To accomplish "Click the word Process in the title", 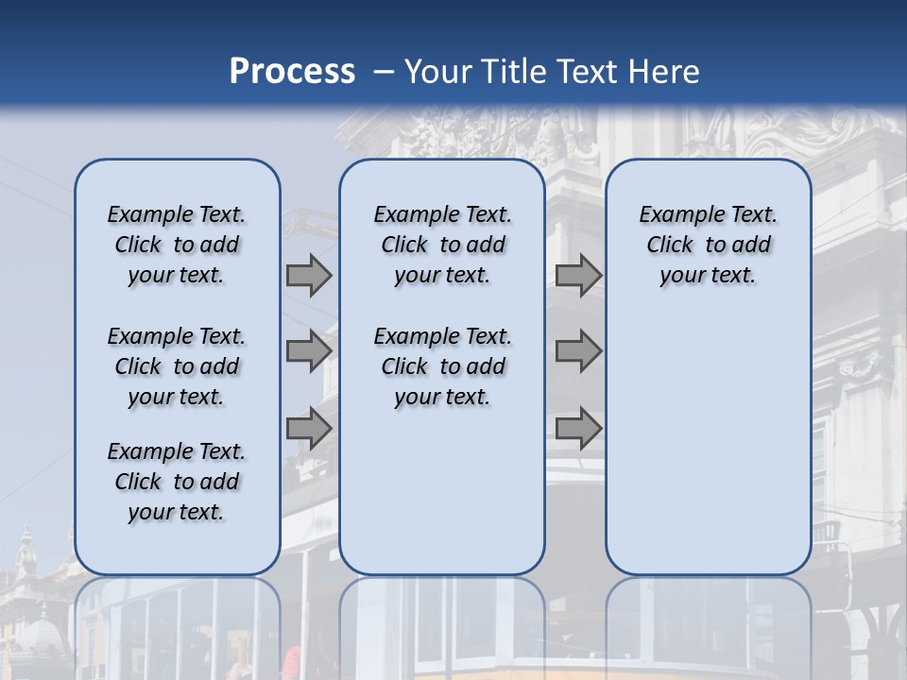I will (x=292, y=72).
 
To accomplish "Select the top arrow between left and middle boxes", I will (x=309, y=276).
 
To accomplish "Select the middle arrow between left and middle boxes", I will (x=309, y=351).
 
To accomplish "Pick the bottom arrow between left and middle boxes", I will (x=309, y=429).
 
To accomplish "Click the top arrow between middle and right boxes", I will (x=578, y=276).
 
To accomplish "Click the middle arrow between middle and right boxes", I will (x=578, y=351).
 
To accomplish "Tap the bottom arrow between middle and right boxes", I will (x=578, y=429).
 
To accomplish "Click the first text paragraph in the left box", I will (x=177, y=245).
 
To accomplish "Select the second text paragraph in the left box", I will (x=177, y=366).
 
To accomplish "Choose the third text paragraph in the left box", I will (x=177, y=482).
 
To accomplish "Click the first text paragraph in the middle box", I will (x=442, y=245).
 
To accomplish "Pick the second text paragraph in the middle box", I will (x=442, y=366).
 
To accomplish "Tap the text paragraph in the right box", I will (x=708, y=245).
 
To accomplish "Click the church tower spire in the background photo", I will (x=26, y=548).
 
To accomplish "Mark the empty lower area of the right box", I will (x=708, y=444).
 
